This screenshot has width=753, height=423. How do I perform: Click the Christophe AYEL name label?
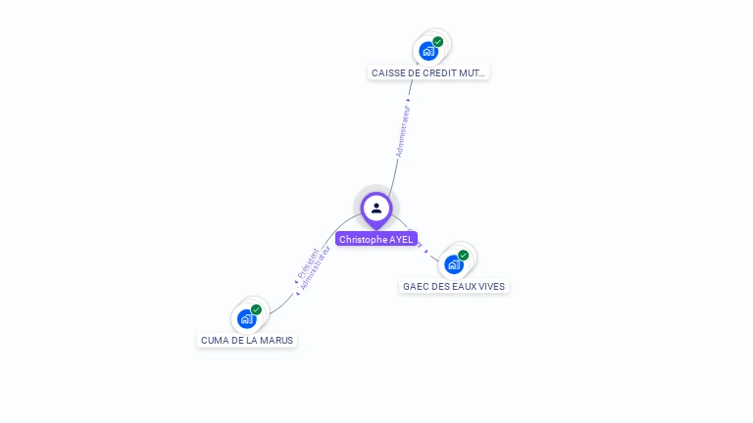point(376,239)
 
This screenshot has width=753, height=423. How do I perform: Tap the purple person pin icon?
point(376,208)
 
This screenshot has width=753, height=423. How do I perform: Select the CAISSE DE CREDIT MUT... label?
point(428,72)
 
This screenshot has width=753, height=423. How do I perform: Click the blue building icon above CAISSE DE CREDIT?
point(428,51)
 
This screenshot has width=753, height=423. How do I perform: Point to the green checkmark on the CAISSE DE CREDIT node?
point(438,42)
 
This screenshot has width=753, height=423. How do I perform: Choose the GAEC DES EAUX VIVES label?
point(454,286)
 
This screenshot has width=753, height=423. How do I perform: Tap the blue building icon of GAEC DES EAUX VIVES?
point(454,263)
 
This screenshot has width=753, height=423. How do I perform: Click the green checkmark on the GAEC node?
point(464,256)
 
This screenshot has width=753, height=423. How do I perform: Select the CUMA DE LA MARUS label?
point(247,340)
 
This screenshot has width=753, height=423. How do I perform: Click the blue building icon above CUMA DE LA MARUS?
point(246,318)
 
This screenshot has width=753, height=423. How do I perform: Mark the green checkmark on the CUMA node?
point(256,309)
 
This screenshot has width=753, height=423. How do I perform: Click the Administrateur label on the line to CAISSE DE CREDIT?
point(403,130)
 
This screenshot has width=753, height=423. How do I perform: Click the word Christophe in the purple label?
point(363,239)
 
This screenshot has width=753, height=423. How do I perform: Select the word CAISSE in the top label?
point(388,72)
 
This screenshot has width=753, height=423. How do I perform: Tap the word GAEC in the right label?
point(415,286)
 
